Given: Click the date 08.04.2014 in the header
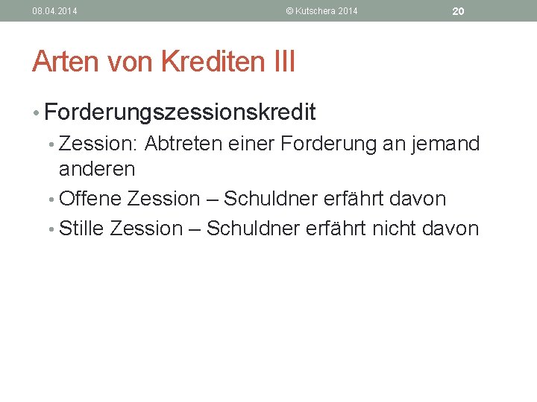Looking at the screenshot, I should [x=54, y=11].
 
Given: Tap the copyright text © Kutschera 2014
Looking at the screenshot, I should [x=322, y=11].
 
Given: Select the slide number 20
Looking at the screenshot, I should [x=459, y=11].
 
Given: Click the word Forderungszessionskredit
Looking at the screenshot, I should [x=180, y=112].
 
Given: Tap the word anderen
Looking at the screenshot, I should [x=97, y=169].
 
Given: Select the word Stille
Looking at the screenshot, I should [x=81, y=228].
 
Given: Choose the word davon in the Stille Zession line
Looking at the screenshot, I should [x=450, y=228].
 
